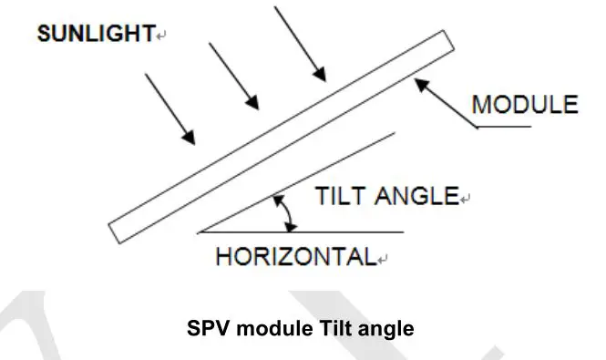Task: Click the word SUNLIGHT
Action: tap(95, 36)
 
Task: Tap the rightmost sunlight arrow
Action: tap(296, 43)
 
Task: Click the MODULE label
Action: tap(524, 104)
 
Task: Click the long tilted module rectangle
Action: tap(279, 137)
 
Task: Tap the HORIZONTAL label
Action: tap(295, 257)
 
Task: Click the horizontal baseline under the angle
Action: tap(301, 232)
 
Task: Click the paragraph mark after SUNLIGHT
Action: tap(161, 37)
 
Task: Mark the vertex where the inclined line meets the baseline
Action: tap(199, 232)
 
